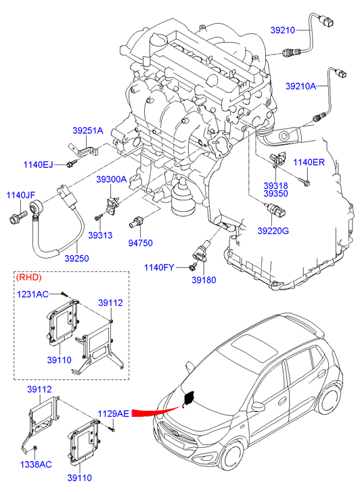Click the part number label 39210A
(x=300, y=86)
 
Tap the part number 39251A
(x=88, y=131)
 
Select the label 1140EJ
(x=39, y=164)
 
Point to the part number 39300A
(x=112, y=179)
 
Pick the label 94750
(x=140, y=243)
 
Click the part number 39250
(x=77, y=259)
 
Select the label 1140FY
(x=159, y=267)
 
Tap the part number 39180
(x=204, y=279)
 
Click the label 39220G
(x=273, y=231)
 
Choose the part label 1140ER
(x=309, y=162)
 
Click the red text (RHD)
(x=28, y=277)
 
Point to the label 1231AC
(x=32, y=294)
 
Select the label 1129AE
(x=113, y=413)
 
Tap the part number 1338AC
(x=36, y=464)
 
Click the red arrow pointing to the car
(x=156, y=412)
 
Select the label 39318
(x=275, y=185)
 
